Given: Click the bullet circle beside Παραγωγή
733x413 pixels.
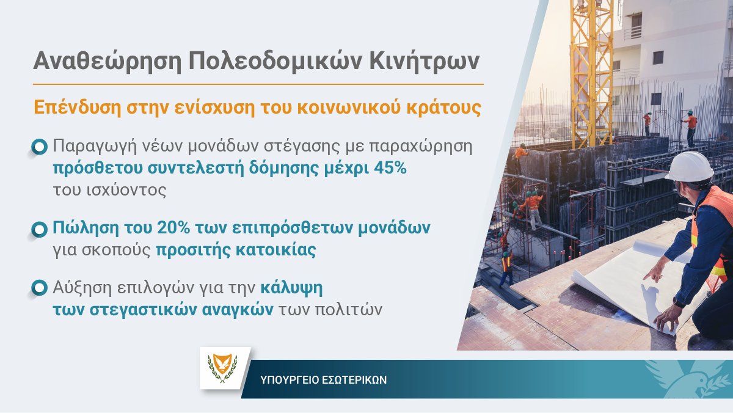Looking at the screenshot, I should click(39, 147).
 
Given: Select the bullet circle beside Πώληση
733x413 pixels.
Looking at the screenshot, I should click(39, 229).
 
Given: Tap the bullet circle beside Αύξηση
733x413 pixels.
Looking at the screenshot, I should click(39, 287).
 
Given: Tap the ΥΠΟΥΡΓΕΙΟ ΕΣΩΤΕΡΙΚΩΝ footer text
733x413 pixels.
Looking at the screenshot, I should click(323, 379).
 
